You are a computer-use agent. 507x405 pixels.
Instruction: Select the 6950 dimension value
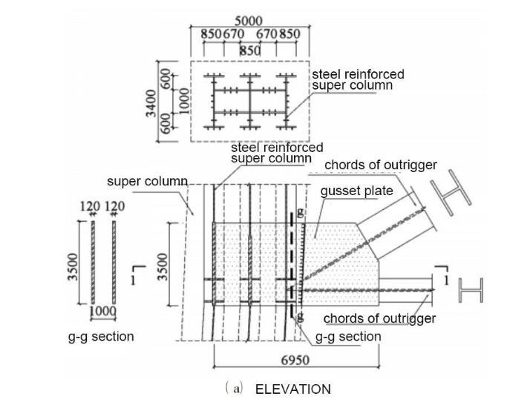pyautogui.click(x=295, y=360)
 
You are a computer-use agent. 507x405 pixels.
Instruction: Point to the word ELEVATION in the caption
pyautogui.click(x=293, y=389)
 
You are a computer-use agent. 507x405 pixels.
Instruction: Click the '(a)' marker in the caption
pyautogui.click(x=236, y=389)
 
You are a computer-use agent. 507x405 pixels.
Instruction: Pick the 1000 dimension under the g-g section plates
pyautogui.click(x=103, y=312)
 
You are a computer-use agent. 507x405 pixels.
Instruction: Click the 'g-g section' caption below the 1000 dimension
pyautogui.click(x=101, y=337)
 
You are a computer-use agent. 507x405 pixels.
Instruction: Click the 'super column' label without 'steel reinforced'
pyautogui.click(x=143, y=181)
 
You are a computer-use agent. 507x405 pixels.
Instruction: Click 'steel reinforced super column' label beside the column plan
pyautogui.click(x=358, y=80)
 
